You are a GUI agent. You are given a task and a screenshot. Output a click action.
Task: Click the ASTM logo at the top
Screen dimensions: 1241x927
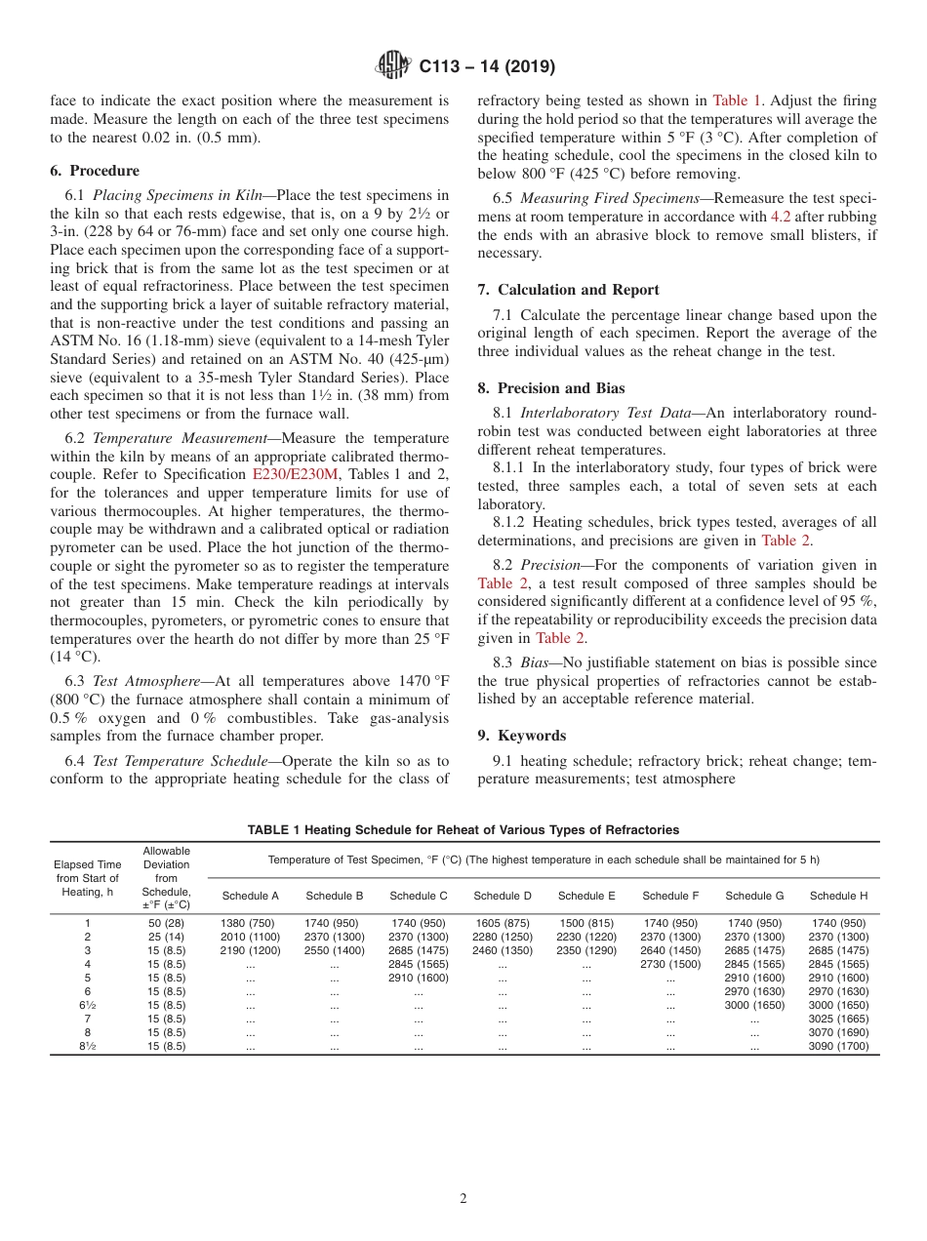(x=393, y=66)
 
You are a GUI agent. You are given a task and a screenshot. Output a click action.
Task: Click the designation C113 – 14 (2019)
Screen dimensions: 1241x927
(x=487, y=67)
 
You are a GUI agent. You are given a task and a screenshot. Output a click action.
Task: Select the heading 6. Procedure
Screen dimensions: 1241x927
(x=94, y=170)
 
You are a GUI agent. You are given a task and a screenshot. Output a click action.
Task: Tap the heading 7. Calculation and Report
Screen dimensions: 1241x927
(x=568, y=290)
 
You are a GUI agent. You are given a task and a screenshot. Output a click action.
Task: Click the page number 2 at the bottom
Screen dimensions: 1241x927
(x=463, y=1199)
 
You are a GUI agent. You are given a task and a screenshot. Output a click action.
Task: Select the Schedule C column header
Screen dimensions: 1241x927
(x=418, y=896)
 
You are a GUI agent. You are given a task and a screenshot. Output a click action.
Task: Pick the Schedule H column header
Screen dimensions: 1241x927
(x=838, y=896)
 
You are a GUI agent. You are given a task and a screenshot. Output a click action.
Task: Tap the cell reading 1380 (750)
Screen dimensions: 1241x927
(x=250, y=923)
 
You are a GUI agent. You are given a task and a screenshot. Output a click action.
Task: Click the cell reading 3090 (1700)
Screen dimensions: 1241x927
(x=838, y=1046)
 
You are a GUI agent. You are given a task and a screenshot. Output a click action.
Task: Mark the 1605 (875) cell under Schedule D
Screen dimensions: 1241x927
(x=503, y=923)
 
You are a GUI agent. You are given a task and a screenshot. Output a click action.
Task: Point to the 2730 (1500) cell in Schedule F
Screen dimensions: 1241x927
(x=670, y=964)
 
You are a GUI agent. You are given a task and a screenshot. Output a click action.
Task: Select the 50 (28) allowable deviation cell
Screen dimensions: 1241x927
(x=166, y=923)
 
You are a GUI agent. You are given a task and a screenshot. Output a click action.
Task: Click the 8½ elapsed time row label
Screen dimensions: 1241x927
(x=87, y=1046)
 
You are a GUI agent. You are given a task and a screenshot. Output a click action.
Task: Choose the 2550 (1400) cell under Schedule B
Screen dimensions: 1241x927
(x=334, y=950)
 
